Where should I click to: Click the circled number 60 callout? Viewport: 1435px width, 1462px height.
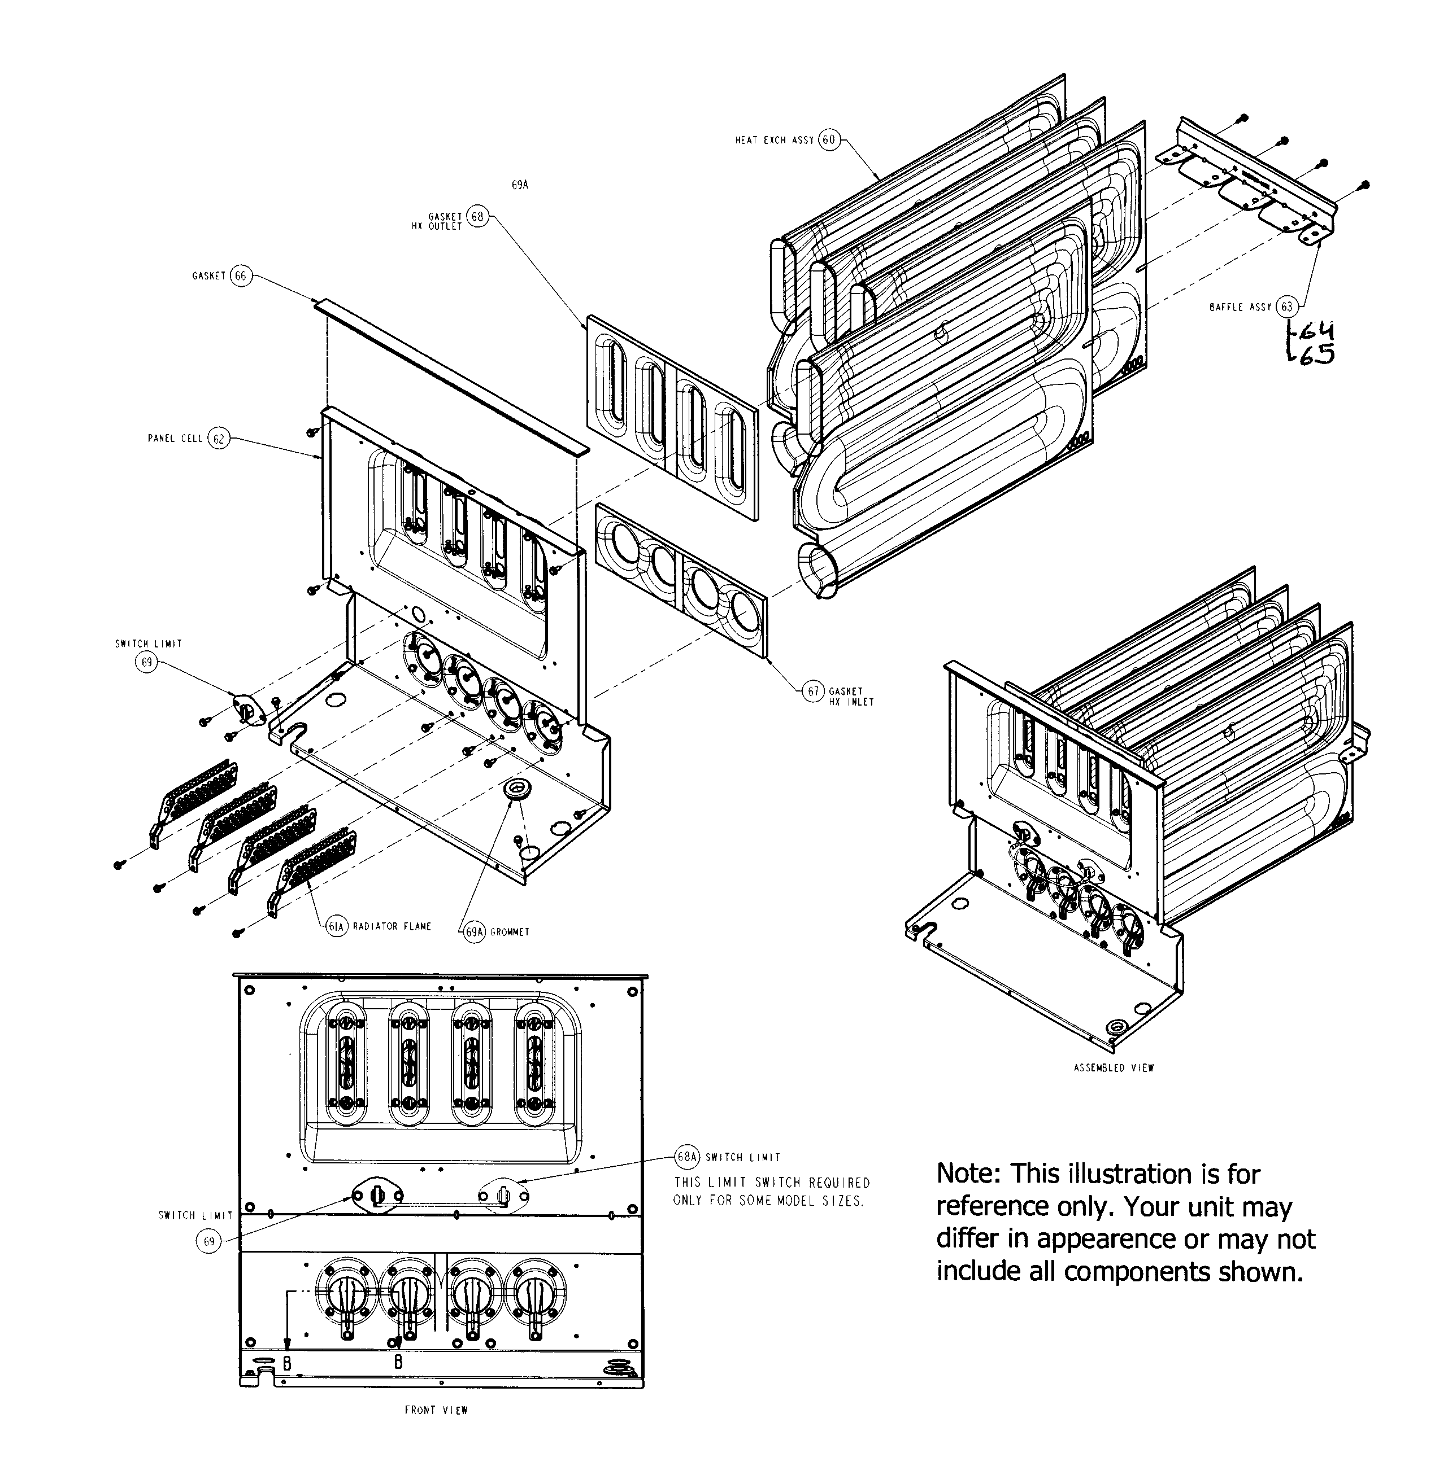pos(829,140)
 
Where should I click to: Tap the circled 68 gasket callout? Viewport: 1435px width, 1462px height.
pos(477,217)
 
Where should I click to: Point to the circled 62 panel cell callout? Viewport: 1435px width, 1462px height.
pos(218,439)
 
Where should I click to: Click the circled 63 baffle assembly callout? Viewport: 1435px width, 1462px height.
pos(1288,307)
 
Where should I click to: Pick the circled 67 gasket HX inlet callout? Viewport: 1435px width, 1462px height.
pos(813,691)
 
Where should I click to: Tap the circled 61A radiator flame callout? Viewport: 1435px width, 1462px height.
pos(336,926)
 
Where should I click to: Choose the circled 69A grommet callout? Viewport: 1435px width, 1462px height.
pos(474,932)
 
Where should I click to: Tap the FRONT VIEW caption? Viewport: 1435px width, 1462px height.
pos(436,1410)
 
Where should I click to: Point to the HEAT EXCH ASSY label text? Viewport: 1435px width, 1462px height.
pos(774,140)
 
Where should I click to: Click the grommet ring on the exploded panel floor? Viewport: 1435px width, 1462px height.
pos(517,790)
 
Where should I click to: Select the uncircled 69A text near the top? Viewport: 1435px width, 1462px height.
pos(520,185)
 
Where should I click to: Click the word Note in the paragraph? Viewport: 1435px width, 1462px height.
pos(968,1174)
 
